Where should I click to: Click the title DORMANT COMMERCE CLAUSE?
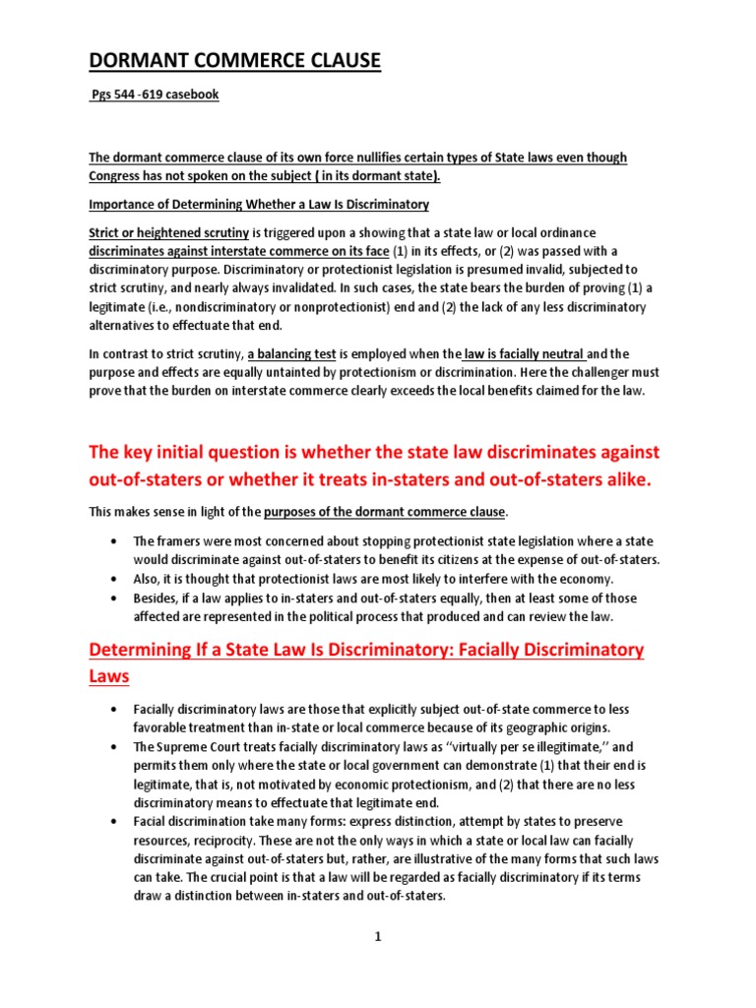(234, 62)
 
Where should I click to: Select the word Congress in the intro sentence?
(120, 176)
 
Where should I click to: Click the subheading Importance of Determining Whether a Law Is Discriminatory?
(259, 204)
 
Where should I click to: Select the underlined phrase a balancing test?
(297, 353)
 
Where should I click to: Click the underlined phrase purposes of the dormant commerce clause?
(385, 512)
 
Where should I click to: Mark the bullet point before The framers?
(117, 541)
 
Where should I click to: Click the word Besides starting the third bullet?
(157, 598)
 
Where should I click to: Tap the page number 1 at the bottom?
(377, 938)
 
